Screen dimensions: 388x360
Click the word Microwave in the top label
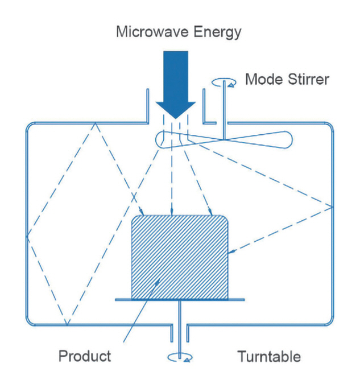pos(147,31)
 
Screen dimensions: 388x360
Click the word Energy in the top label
pos(214,31)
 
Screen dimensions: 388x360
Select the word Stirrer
pos(306,79)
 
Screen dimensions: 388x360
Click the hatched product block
pos(180,256)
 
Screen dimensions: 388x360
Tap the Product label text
pos(85,357)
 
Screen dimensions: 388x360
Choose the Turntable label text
pos(268,357)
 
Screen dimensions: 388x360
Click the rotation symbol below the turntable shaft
pos(180,357)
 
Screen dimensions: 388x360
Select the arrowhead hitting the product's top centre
pos(172,213)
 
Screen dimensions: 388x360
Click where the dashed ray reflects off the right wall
pos(332,206)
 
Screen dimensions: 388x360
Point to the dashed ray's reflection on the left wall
pos(27,236)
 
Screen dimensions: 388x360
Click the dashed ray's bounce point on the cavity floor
pos(67,325)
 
